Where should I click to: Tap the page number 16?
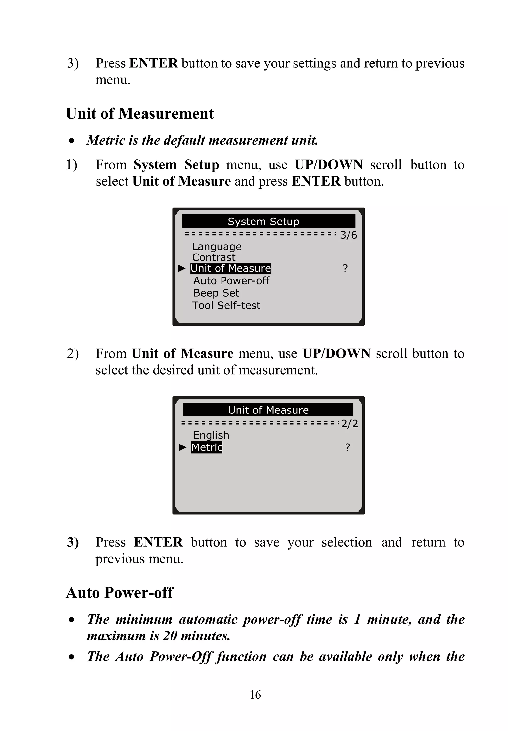pos(255,694)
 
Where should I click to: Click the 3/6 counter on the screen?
pos(348,235)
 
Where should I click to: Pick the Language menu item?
pos(217,247)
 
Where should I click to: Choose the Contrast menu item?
pos(214,257)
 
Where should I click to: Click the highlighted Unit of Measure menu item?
pos(230,268)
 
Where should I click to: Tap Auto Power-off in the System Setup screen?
pos(231,281)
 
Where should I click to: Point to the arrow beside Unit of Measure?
pos(182,269)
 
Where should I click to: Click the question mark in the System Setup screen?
pos(345,268)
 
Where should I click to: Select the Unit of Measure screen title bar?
pos(268,410)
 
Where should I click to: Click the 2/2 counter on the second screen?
pos(349,424)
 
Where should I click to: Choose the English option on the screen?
pos(211,435)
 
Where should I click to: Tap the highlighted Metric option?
pos(207,447)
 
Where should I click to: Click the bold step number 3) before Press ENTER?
pos(73,542)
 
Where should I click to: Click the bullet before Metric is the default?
pos(72,141)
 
